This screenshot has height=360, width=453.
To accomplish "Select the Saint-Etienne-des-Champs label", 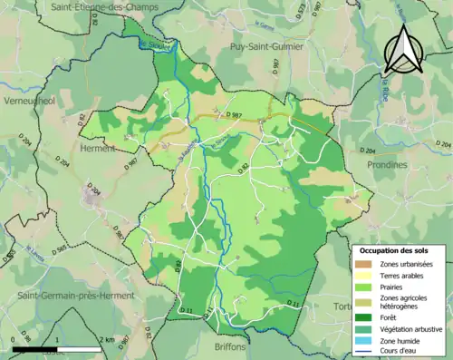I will [x=104, y=7].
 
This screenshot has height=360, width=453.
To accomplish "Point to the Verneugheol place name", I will [x=30, y=101].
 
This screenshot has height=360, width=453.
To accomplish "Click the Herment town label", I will [x=98, y=148].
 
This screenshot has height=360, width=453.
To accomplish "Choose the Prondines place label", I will [x=390, y=165].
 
